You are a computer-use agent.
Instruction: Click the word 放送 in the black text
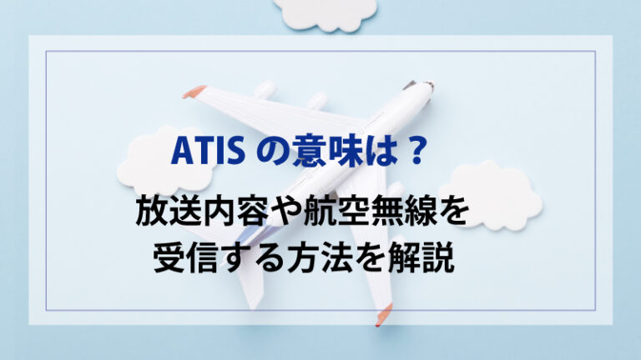tap(170, 215)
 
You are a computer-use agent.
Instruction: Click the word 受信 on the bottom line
tap(188, 260)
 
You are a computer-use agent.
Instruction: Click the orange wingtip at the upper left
tap(194, 91)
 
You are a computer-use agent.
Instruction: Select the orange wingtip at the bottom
tap(383, 315)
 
